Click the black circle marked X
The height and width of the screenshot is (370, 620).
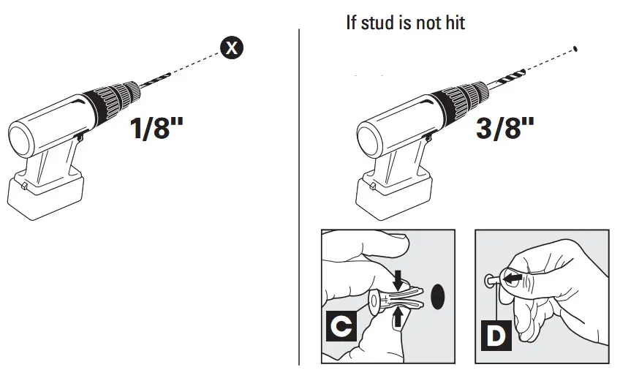[232, 49]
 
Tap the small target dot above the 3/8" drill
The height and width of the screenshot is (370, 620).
[577, 49]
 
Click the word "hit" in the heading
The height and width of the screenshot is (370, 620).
[454, 23]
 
